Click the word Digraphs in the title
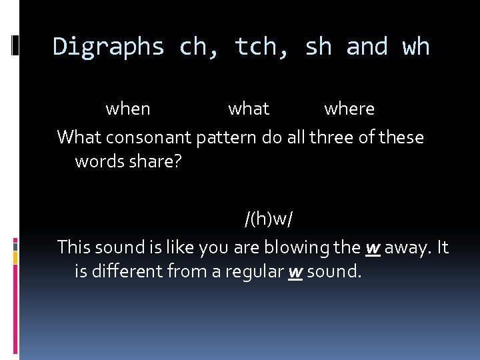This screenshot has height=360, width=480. coord(108,47)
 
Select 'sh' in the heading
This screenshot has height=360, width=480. coord(319,47)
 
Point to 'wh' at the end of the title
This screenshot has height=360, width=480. coord(416,47)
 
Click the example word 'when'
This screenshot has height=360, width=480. coord(128,109)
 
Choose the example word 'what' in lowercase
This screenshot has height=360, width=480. coord(249,109)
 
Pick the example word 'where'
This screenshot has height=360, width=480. coord(349,109)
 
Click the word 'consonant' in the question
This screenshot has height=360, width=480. coord(149,137)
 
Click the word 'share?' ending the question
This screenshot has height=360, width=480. coord(153,161)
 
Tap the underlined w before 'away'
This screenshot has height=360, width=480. coord(373,248)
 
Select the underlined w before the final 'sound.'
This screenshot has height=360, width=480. coord(295,271)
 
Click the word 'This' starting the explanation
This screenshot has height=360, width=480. coord(73,247)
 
